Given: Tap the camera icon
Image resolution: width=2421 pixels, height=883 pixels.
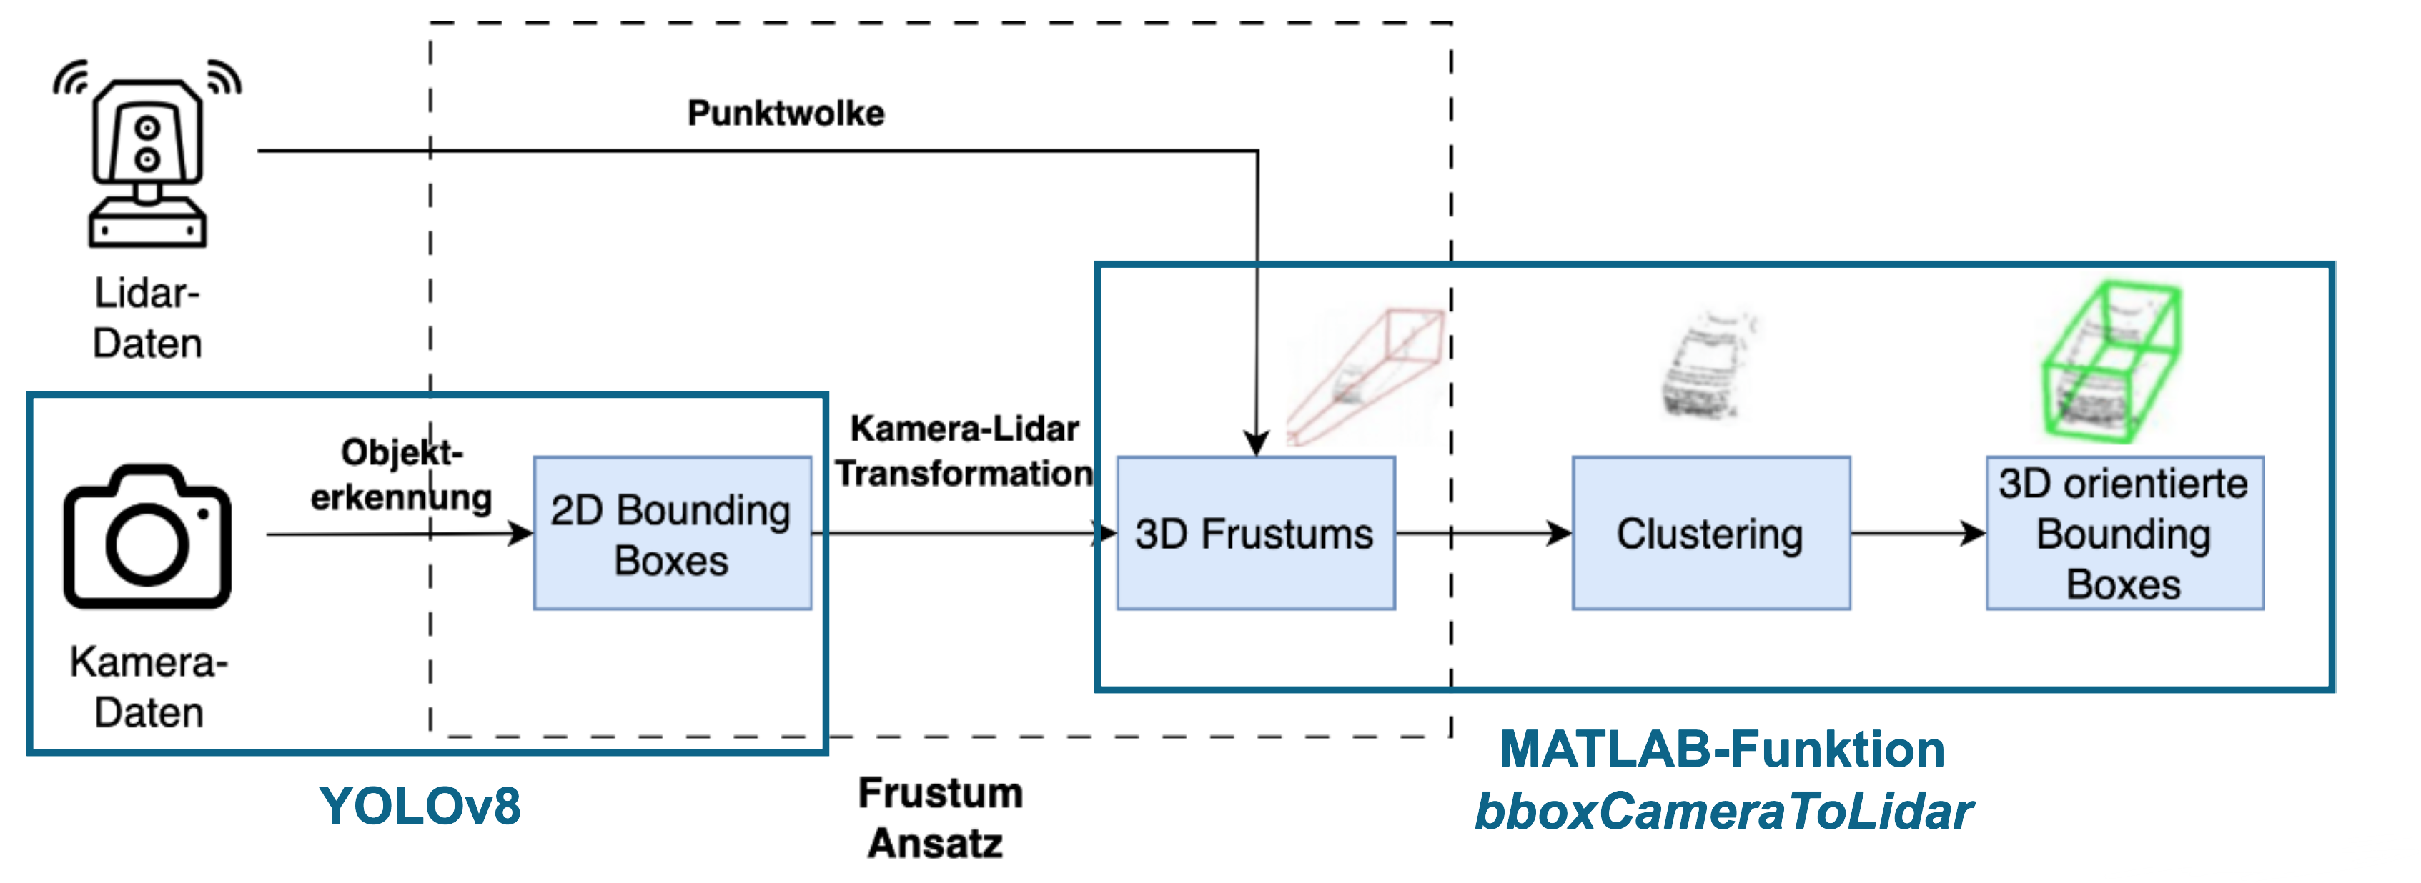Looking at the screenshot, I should coord(147,537).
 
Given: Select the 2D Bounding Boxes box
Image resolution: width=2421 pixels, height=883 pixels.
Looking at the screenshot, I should coord(672,534).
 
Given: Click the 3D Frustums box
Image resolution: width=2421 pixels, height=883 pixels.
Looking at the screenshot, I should coord(1254,534).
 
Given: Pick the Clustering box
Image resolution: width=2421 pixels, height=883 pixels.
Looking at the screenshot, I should coord(1710,534).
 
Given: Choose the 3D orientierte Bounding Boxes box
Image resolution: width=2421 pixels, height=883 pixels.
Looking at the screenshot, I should coord(2124,534).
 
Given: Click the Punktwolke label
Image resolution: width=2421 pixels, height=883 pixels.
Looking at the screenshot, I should coord(786,113).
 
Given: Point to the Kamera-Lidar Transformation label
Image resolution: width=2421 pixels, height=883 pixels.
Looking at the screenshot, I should coord(964,451).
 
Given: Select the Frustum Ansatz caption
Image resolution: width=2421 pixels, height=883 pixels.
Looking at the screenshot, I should coord(940,817).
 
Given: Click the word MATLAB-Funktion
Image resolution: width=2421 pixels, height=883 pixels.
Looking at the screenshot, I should coord(1722,749).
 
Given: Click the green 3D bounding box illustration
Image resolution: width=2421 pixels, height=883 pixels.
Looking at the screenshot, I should coord(2111,361).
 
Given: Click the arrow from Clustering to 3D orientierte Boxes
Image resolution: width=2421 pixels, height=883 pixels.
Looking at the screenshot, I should coord(1917,534).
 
